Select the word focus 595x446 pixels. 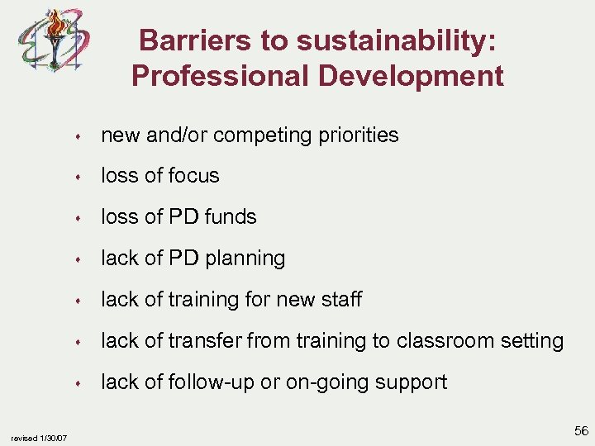coord(195,176)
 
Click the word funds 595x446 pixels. coord(231,217)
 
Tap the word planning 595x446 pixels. coord(245,259)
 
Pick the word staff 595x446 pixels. coord(340,299)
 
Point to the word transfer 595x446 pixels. coord(208,340)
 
